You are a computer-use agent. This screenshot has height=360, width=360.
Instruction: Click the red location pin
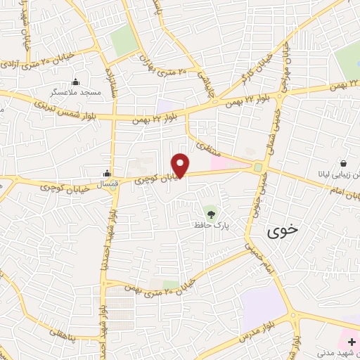click(x=181, y=165)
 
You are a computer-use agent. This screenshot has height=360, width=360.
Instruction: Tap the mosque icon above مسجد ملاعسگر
click(x=76, y=81)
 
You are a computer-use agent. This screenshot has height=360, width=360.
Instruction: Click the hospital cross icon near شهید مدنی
click(x=351, y=341)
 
